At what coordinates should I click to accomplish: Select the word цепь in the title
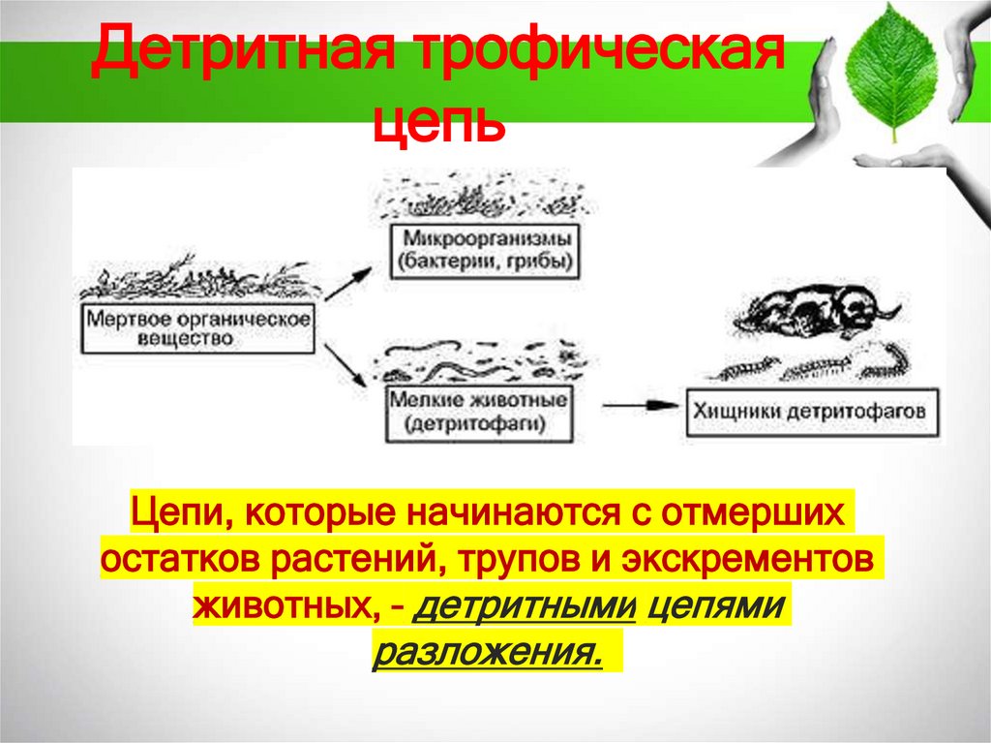click(x=439, y=126)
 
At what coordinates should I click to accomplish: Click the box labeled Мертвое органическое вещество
click(x=198, y=329)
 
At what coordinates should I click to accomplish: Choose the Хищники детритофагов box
click(x=811, y=412)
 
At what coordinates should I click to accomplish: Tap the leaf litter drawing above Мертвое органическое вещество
click(x=194, y=282)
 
